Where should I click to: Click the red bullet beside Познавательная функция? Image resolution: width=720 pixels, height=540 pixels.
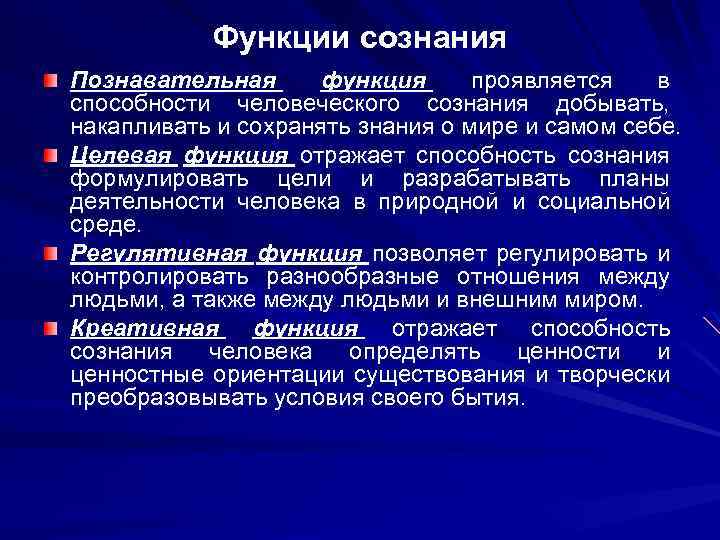point(49,79)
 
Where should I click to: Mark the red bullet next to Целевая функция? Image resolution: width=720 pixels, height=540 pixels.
point(49,155)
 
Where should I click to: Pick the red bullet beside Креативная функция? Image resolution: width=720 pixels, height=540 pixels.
point(49,327)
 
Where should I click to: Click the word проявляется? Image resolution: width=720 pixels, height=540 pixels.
point(531,79)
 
